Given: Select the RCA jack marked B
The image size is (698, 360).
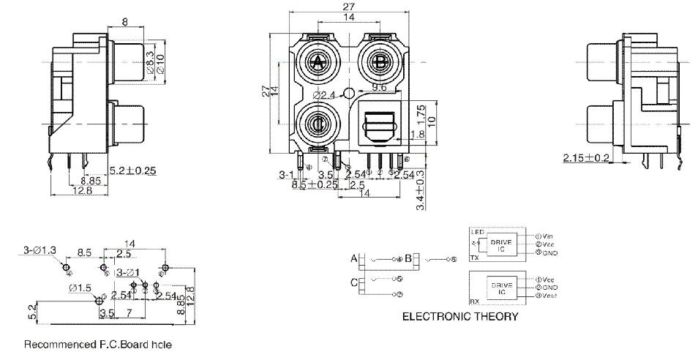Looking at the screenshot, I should (380, 63).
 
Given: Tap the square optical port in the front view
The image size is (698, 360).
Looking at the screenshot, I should (380, 124).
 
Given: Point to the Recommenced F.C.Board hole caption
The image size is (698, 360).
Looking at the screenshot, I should (99, 343).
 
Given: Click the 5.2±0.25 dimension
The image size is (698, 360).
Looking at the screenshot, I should (134, 170).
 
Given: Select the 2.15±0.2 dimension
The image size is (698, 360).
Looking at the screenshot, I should (586, 158).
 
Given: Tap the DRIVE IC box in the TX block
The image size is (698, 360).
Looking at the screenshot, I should (500, 244).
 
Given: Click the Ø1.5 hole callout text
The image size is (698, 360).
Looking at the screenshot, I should (80, 288).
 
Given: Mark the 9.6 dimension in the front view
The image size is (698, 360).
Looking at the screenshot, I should (379, 88).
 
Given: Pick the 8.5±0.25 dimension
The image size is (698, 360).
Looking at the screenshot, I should (315, 184).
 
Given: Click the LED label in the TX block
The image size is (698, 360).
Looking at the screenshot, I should (477, 232).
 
